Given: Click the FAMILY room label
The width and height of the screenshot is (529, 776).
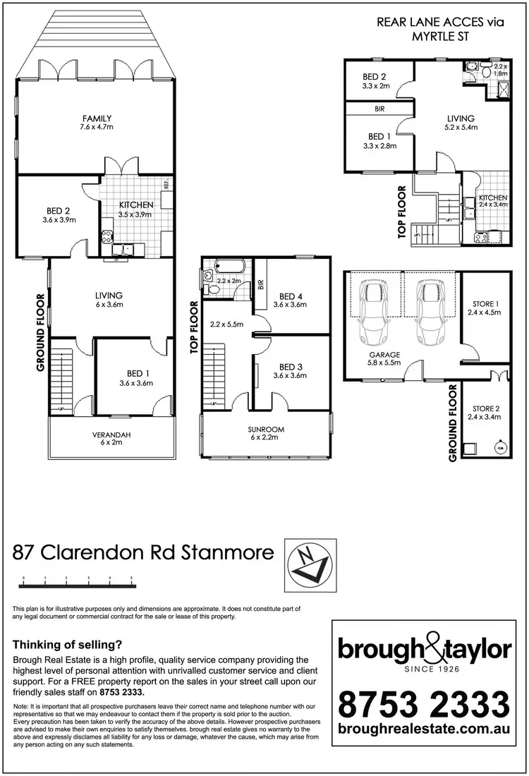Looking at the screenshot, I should click(x=96, y=119).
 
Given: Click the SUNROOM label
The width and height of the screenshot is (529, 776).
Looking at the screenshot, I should click(x=265, y=428).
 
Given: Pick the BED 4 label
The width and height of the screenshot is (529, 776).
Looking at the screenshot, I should click(x=292, y=296).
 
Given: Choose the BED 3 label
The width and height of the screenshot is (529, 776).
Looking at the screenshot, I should click(x=292, y=367).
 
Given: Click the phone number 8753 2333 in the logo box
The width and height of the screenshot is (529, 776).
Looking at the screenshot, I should click(x=424, y=703).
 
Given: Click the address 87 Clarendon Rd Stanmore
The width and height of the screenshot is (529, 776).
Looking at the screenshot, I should click(x=143, y=552).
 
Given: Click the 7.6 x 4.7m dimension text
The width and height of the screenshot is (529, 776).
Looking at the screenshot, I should click(x=96, y=128).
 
